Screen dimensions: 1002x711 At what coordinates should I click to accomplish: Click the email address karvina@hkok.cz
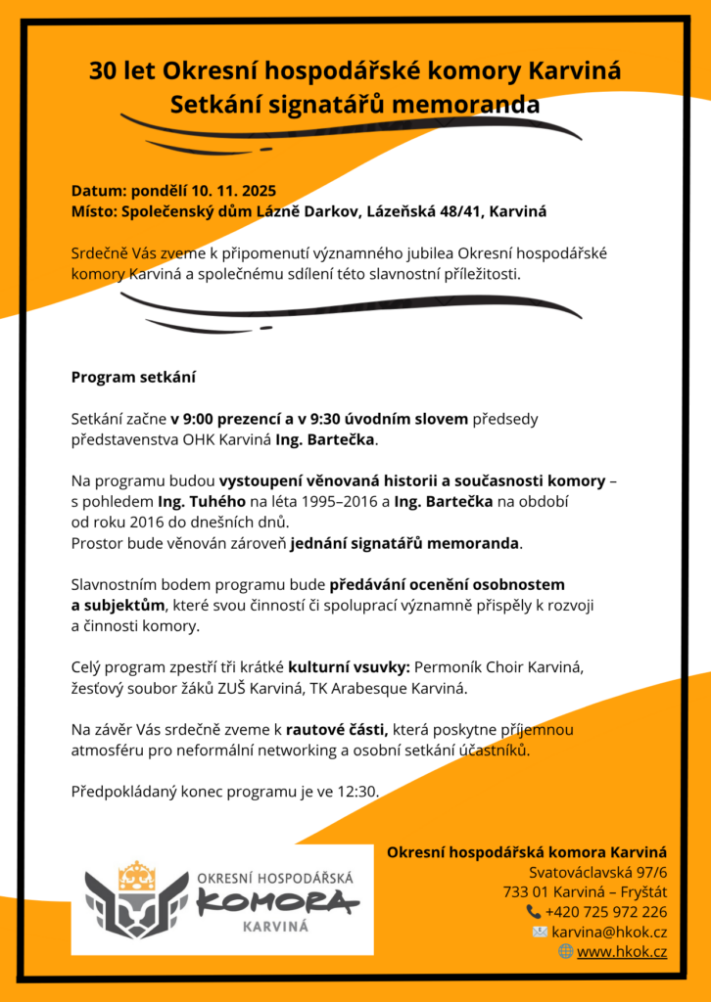tap(609, 932)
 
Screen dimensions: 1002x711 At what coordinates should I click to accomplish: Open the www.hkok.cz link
tap(622, 951)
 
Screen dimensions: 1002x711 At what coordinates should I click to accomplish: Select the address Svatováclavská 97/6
tap(597, 872)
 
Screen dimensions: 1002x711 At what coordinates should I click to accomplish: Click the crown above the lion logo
tap(136, 875)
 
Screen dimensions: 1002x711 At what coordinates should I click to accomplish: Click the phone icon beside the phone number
tap(533, 912)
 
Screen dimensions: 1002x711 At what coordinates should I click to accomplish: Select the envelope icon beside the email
tap(540, 932)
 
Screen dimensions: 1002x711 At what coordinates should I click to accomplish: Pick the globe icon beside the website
tap(565, 951)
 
